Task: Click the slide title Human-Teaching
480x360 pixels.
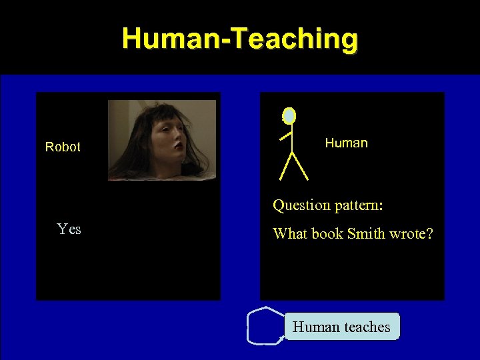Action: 240,38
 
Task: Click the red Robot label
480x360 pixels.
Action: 63,147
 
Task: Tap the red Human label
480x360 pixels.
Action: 346,143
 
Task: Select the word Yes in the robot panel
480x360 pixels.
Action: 69,229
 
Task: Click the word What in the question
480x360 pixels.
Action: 289,234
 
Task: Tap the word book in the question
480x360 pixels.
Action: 326,234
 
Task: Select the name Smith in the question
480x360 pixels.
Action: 365,234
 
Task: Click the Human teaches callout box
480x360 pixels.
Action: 342,327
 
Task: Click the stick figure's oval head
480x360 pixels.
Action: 289,116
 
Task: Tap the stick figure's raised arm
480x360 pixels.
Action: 286,135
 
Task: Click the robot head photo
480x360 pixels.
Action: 162,140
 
